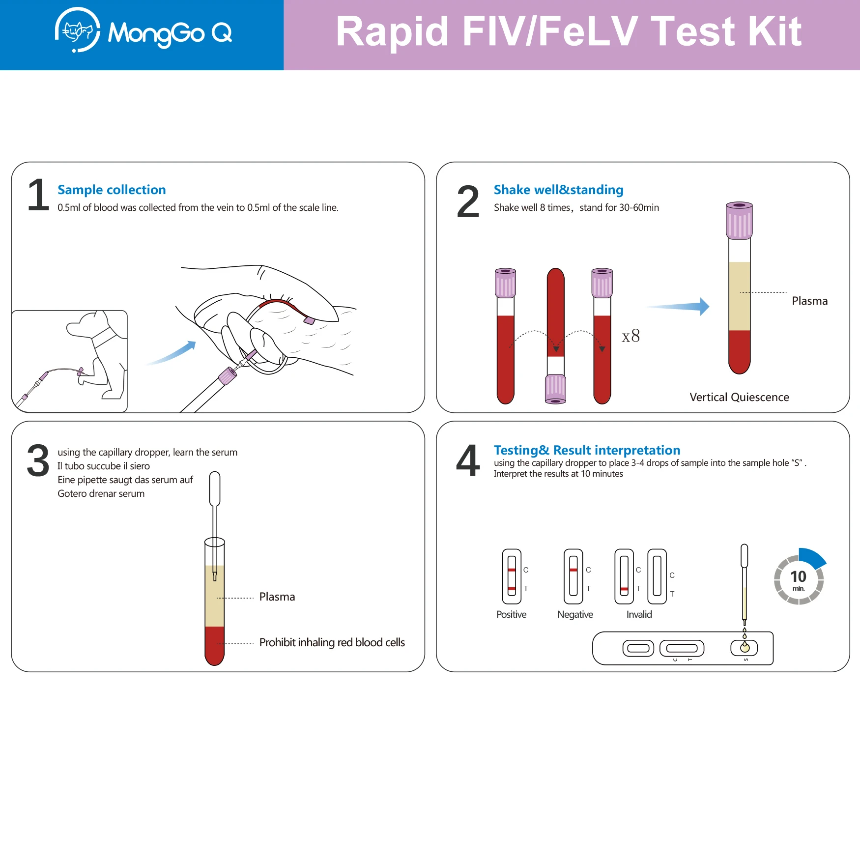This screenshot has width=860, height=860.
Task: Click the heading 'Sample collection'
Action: (112, 190)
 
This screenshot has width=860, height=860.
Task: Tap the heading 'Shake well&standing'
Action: (558, 190)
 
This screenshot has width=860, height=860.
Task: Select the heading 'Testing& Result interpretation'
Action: (587, 450)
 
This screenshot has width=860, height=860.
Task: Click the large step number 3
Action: (38, 461)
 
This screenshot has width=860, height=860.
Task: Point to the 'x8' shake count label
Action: (631, 336)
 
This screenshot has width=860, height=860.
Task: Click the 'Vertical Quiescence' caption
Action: (739, 397)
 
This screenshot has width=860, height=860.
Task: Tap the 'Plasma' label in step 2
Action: (809, 301)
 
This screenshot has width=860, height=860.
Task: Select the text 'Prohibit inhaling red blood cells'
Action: (332, 642)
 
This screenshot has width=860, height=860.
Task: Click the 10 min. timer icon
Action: (799, 576)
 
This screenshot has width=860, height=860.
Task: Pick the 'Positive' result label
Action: (511, 614)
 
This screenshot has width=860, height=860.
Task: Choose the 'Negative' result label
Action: (575, 614)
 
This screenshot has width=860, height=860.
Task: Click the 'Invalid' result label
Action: (639, 614)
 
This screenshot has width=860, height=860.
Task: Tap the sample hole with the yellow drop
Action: (745, 648)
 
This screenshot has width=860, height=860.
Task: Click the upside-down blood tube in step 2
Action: (556, 336)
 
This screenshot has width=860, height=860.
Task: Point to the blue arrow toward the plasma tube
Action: (678, 306)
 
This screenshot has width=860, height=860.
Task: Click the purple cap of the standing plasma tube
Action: (739, 220)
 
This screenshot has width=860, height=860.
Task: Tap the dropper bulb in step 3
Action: (215, 489)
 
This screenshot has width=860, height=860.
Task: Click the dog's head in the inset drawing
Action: (85, 324)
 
